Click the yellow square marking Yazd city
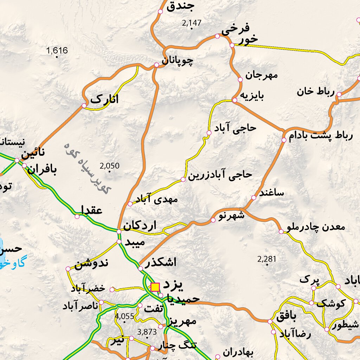tap(155, 287)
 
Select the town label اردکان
tap(140, 225)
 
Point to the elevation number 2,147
tap(192, 23)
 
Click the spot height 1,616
tap(57, 51)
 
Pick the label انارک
tap(104, 99)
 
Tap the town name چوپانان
tap(178, 61)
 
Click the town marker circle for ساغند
tap(254, 198)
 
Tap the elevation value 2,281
tap(267, 259)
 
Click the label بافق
tap(286, 316)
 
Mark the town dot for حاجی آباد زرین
tap(183, 180)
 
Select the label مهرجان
tap(262, 75)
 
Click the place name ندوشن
tap(91, 264)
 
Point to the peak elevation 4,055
tap(124, 316)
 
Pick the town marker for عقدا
tap(77, 216)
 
